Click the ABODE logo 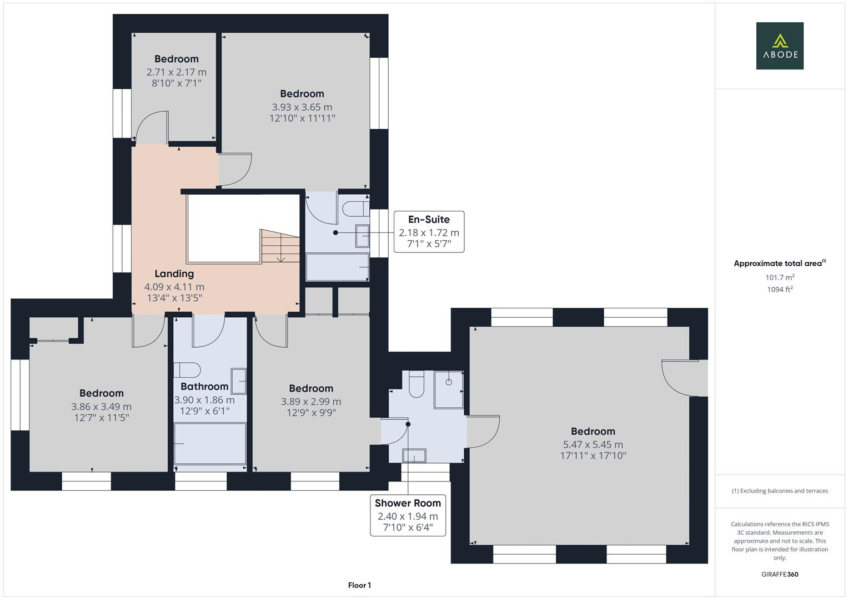[780, 45]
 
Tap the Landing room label [174, 273]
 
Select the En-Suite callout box [429, 232]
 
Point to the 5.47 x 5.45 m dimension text [593, 444]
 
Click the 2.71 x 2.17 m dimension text [177, 72]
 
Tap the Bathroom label [204, 387]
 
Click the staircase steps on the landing [280, 246]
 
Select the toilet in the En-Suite [356, 209]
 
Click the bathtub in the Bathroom [210, 444]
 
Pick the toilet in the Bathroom [187, 370]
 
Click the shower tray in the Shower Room [449, 390]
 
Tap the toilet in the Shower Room [417, 384]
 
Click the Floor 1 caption [359, 585]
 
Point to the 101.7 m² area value [780, 277]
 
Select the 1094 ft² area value [780, 290]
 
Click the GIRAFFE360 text [780, 575]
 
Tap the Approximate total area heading [780, 263]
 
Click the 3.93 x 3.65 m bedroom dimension [302, 107]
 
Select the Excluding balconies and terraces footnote [780, 491]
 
